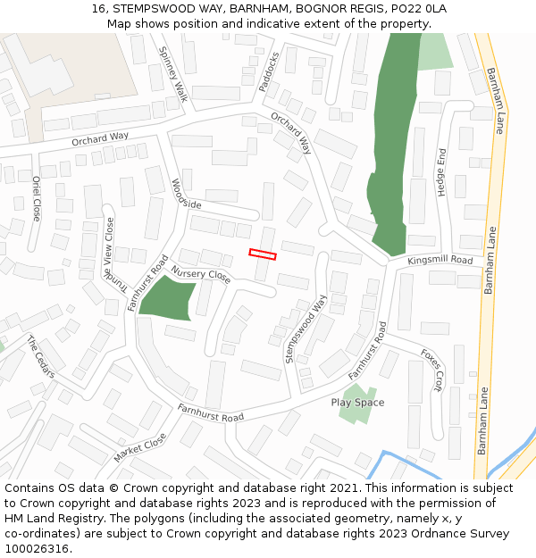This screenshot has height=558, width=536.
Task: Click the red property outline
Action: [263, 254]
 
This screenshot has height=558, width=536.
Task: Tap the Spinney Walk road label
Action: [173, 74]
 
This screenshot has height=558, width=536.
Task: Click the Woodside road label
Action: [186, 194]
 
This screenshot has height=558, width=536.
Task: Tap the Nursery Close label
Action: [201, 275]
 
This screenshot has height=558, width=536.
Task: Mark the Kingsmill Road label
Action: [440, 260]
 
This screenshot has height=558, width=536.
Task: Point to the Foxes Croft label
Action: [432, 370]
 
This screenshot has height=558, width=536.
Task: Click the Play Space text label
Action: [357, 403]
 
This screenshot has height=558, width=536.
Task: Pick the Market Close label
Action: [140, 447]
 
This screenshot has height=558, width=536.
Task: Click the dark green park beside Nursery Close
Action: [167, 298]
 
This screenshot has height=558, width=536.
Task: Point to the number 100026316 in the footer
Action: [36, 548]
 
